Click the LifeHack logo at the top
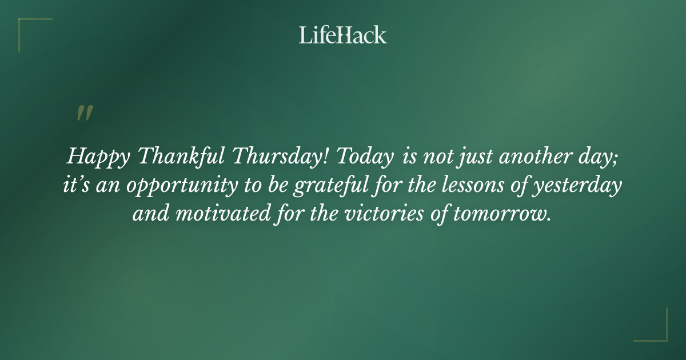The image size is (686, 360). (343, 35)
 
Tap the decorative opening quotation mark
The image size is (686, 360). (85, 113)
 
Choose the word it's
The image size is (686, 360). (75, 186)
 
